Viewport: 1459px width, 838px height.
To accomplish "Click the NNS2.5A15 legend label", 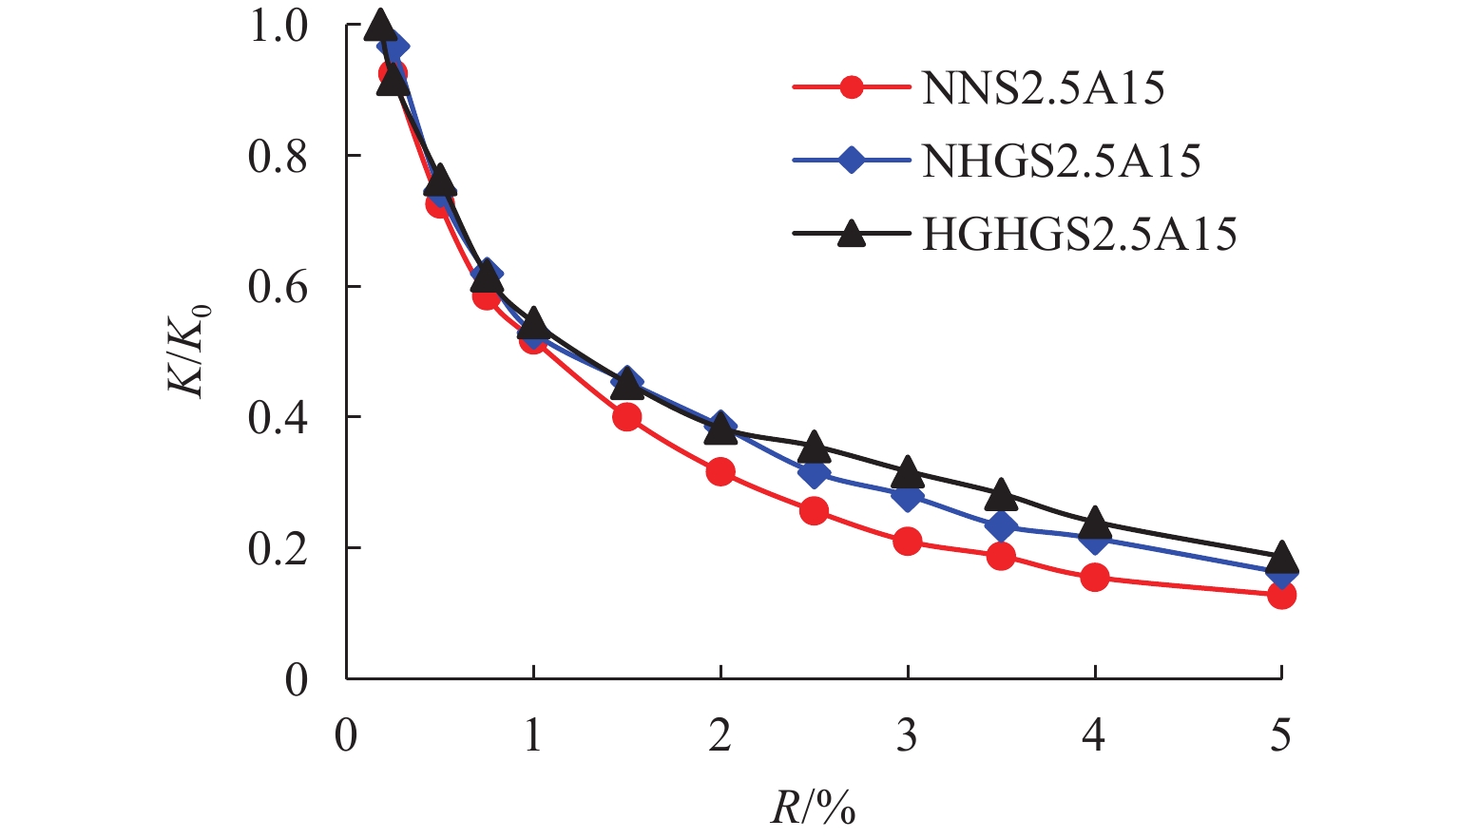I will [1043, 89].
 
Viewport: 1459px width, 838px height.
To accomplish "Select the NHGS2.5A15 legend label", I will [1061, 162].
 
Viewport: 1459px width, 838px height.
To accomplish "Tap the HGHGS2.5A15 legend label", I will [1079, 234].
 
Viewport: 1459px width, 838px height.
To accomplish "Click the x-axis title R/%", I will [813, 808].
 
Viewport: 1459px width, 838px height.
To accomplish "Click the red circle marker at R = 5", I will [1281, 596].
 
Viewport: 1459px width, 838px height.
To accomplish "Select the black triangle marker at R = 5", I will [1281, 556].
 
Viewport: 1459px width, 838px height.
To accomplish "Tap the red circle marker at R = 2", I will [720, 471].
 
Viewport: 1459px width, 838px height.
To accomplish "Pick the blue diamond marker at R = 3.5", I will [1000, 525].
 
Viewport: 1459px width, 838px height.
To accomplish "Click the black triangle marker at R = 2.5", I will [814, 446].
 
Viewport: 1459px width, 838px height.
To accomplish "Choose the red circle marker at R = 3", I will [908, 543].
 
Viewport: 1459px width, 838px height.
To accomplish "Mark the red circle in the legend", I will [853, 89].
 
